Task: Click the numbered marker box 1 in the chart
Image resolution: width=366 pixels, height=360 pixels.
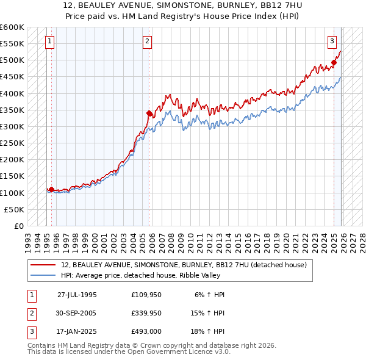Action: (x=49, y=41)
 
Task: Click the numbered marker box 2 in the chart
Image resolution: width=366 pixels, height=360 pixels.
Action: (x=148, y=41)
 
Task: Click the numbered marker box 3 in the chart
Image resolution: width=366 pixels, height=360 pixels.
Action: (x=332, y=41)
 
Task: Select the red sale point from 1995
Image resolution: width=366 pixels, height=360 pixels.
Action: (x=51, y=189)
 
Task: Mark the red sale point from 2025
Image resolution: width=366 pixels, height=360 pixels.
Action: (x=334, y=62)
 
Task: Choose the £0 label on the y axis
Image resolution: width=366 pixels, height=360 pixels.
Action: (x=18, y=226)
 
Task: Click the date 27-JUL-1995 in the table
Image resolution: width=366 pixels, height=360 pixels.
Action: (x=77, y=294)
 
